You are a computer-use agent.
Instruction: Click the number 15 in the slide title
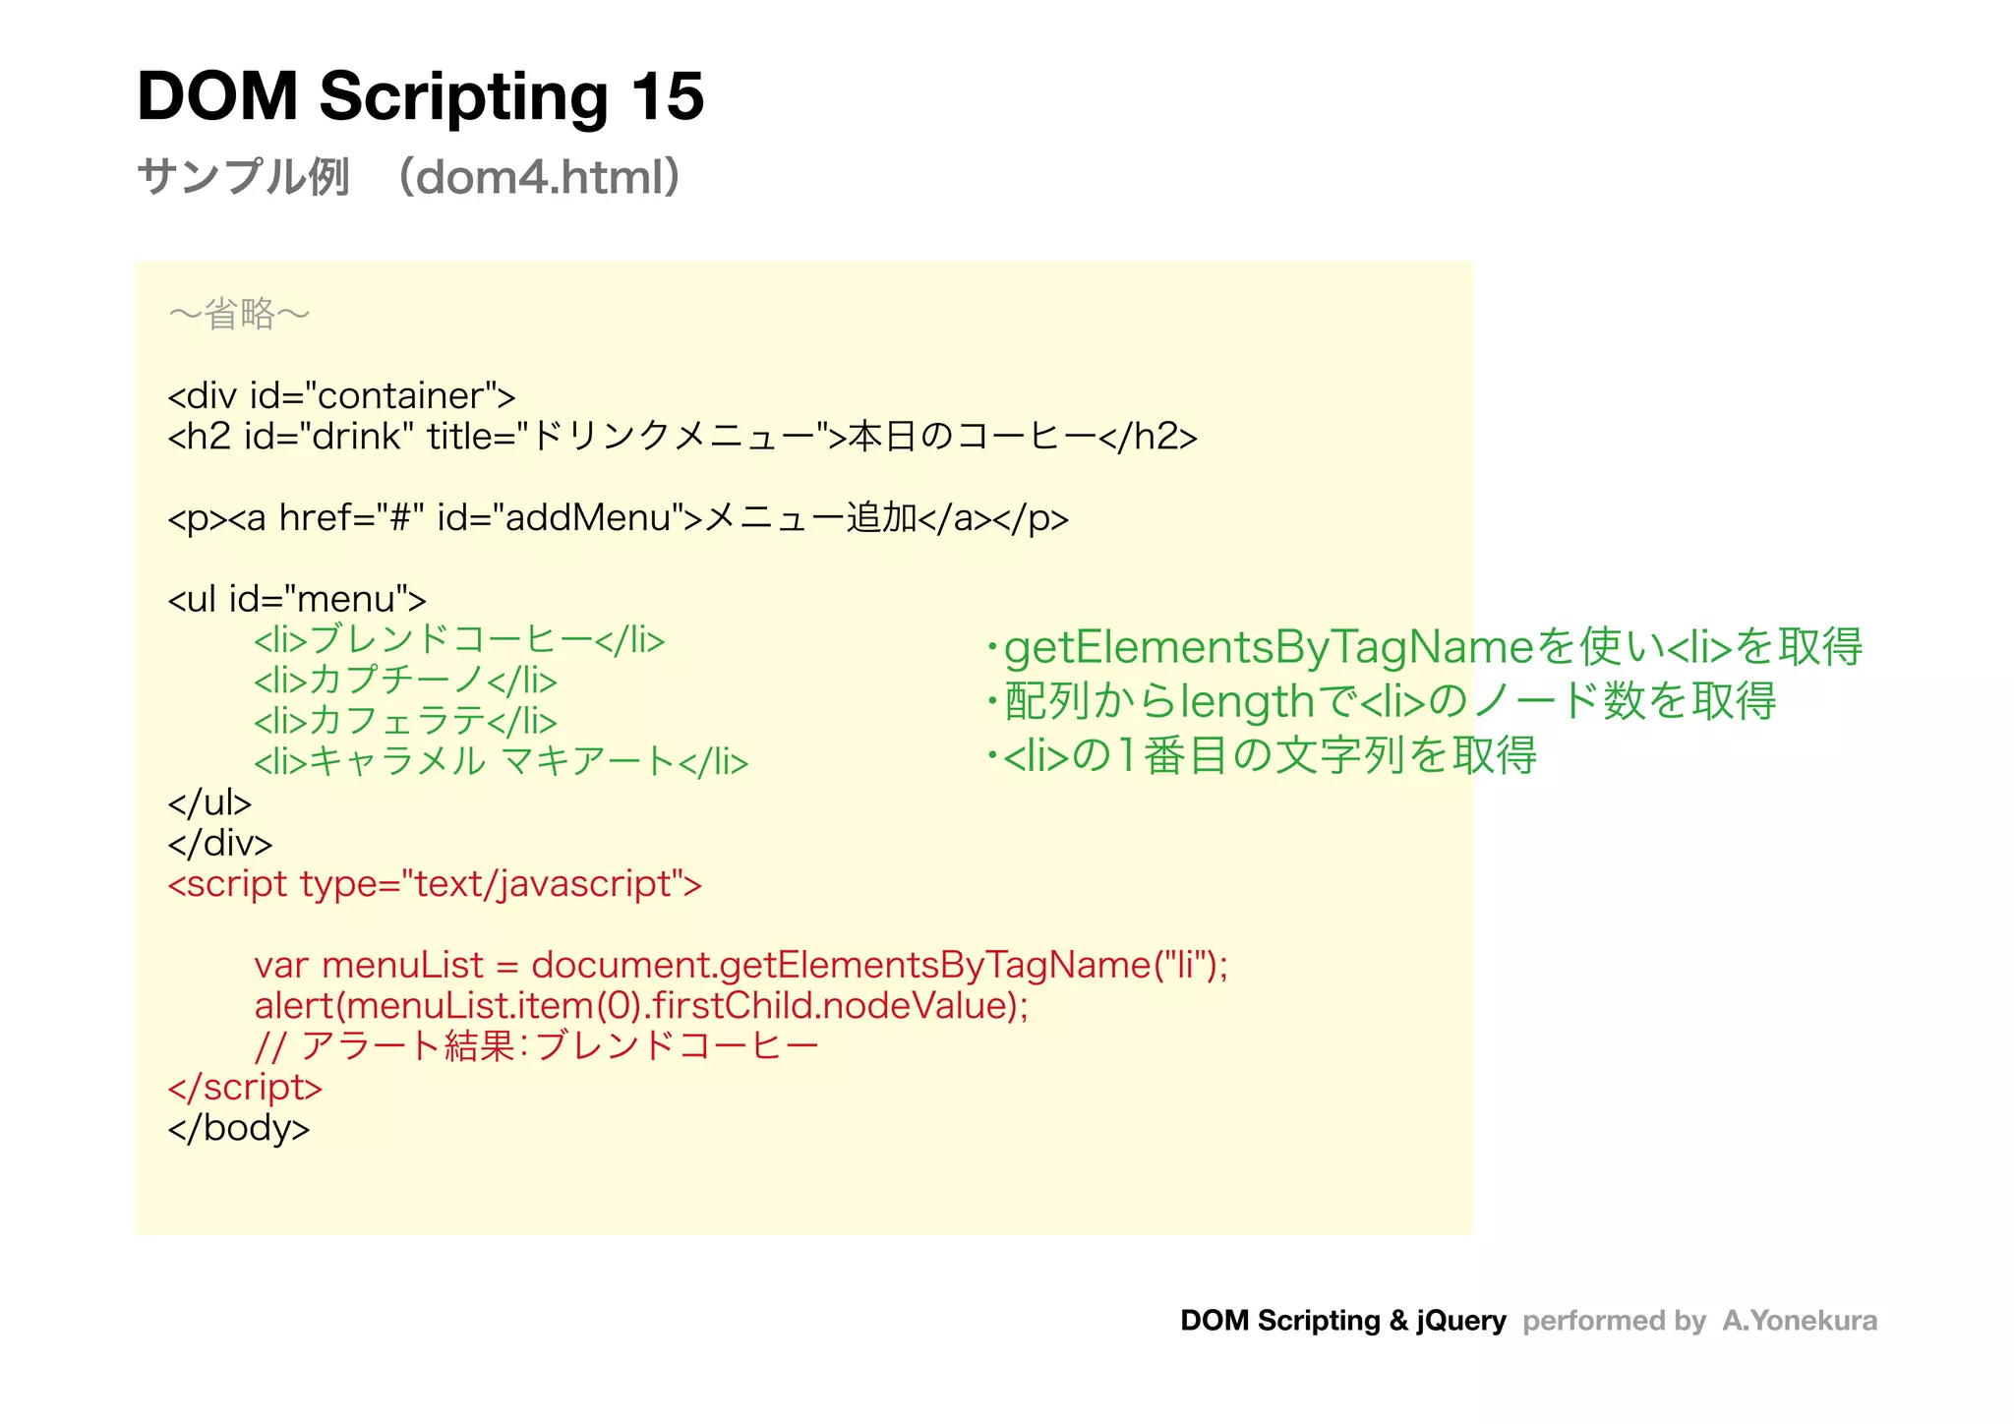[667, 97]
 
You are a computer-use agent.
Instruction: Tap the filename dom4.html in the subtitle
[538, 178]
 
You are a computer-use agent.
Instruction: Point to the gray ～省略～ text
[239, 315]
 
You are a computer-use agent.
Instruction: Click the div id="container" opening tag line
[341, 396]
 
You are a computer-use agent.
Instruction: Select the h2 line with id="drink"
[681, 437]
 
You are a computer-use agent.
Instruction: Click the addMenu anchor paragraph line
[618, 518]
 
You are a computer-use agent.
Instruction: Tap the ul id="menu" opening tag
[297, 599]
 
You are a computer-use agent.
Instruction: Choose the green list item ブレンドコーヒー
[459, 640]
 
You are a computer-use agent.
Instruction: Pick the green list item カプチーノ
[405, 681]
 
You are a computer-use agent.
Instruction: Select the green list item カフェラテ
[405, 722]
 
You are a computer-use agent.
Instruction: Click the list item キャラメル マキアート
[501, 762]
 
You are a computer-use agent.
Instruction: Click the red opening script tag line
[435, 884]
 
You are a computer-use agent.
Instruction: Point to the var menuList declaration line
[740, 966]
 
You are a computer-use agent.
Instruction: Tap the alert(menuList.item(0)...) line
[641, 1006]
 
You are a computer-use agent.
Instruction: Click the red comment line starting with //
[536, 1046]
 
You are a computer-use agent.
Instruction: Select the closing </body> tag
[239, 1128]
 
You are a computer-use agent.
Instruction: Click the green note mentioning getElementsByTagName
[1425, 648]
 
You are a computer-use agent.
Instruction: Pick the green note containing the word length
[1382, 702]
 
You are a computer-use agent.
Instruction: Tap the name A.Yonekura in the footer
[1799, 1321]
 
